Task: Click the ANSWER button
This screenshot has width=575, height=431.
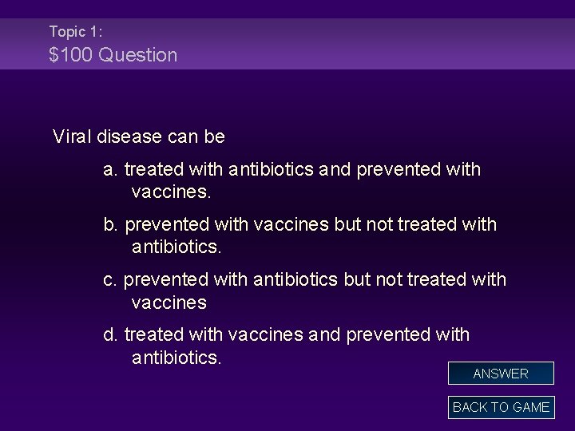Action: tap(501, 373)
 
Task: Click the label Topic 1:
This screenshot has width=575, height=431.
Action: tap(75, 32)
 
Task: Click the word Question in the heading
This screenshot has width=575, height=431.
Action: tap(139, 55)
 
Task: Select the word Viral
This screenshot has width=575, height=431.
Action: tap(73, 136)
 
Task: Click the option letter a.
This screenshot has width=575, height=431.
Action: tap(110, 170)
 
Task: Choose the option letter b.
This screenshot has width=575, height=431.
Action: tap(110, 225)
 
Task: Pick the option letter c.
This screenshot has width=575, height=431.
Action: tap(110, 279)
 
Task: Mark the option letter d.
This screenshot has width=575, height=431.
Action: tap(110, 334)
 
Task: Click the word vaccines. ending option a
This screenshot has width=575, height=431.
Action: tap(172, 192)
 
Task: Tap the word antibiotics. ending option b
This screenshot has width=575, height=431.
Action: tap(176, 247)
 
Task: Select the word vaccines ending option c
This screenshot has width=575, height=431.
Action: tap(169, 302)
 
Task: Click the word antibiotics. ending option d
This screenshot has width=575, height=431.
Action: tap(176, 357)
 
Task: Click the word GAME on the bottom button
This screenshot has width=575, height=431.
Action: tap(530, 407)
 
